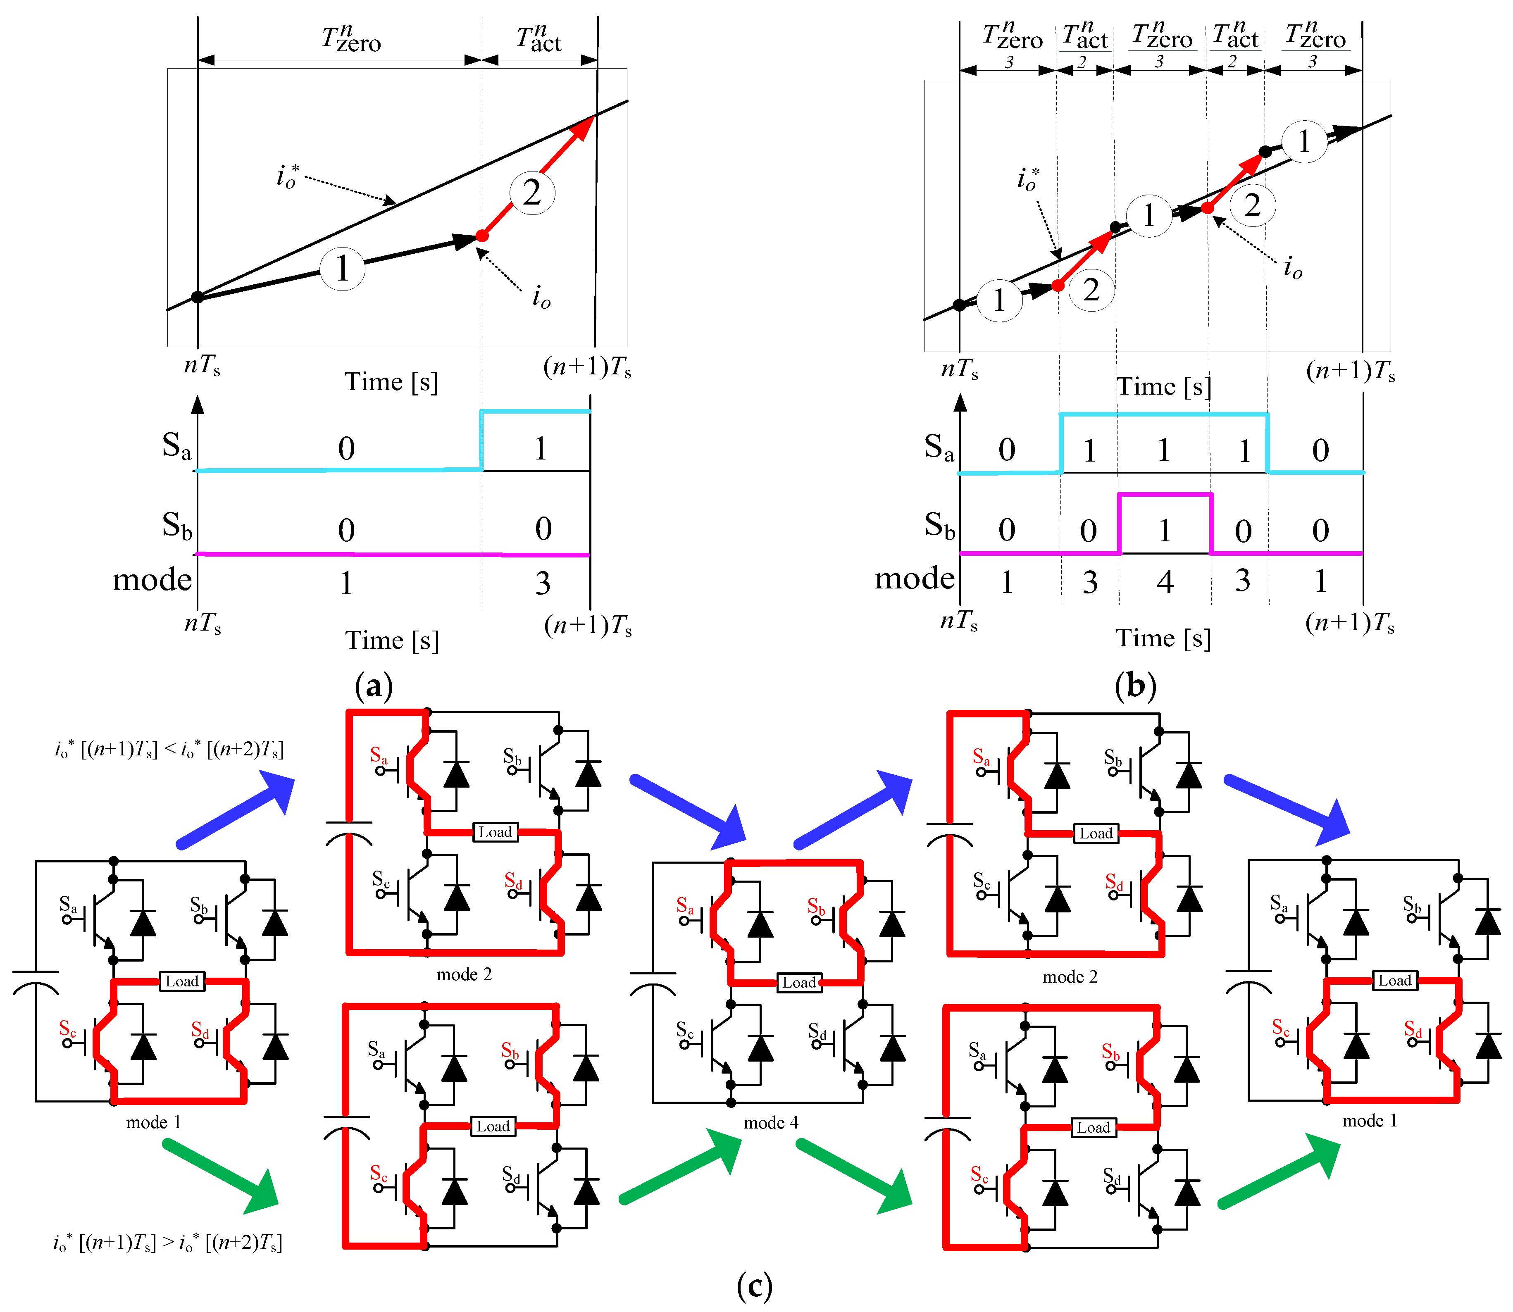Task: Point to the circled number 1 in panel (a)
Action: click(342, 269)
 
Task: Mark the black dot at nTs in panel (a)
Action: click(197, 297)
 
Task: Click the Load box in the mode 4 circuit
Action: click(798, 983)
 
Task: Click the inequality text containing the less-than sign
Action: click(169, 750)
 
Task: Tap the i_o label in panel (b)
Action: click(1293, 268)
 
